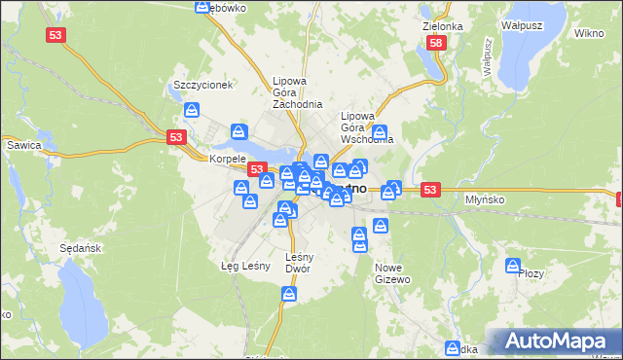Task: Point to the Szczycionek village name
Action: (x=202, y=85)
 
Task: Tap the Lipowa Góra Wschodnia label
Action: (x=366, y=126)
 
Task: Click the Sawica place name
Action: (x=21, y=145)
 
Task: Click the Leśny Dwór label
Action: (x=299, y=263)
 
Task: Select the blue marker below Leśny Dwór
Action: (x=289, y=293)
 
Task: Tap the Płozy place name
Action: (x=531, y=274)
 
